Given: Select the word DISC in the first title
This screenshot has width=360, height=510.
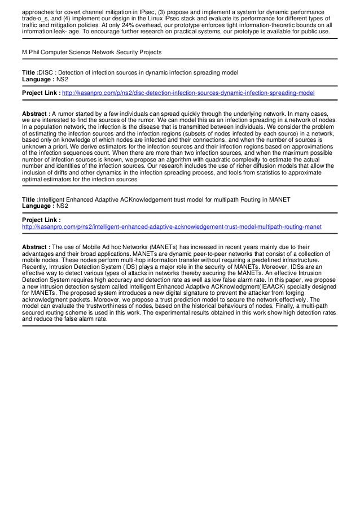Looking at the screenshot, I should pos(47,73).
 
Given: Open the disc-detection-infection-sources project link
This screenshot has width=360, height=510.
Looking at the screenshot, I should pos(188,93).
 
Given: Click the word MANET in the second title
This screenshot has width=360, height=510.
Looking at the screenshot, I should pos(279,199).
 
